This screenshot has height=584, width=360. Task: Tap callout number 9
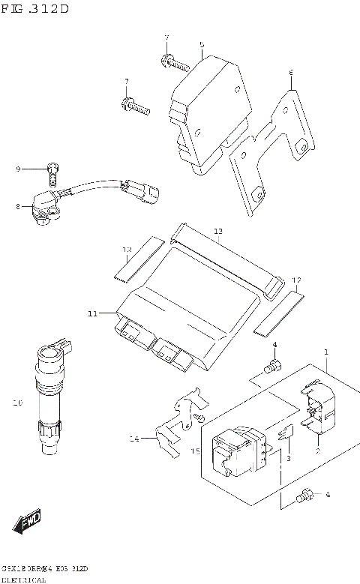[x=18, y=169]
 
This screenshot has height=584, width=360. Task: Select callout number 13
[x=217, y=232]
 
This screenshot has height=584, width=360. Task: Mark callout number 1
[x=326, y=352]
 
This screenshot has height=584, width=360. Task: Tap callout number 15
[x=195, y=451]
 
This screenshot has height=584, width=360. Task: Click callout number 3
[x=287, y=458]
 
